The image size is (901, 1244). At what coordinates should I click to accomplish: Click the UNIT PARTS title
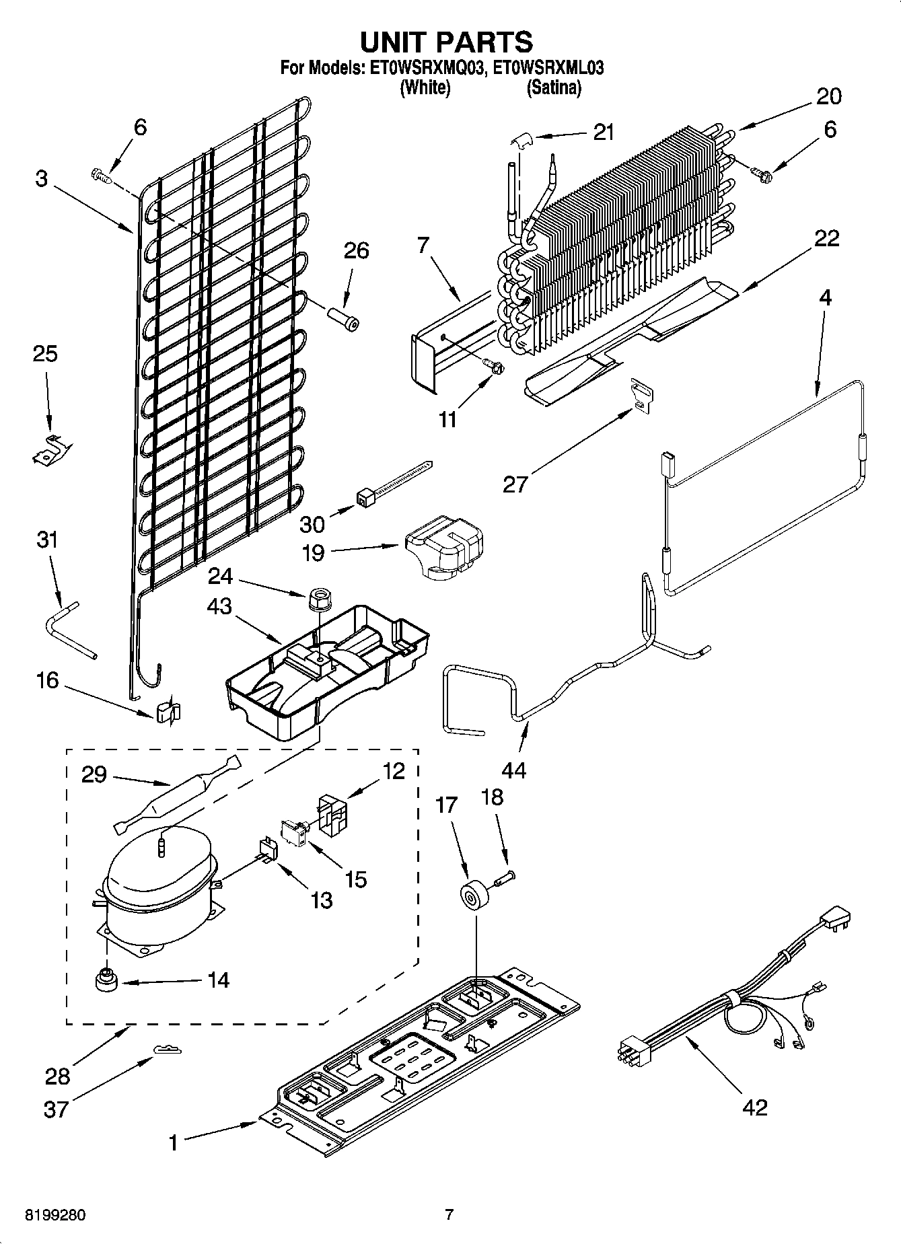[446, 42]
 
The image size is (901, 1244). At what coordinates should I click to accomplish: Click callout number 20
[828, 96]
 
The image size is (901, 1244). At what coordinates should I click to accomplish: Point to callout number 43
[219, 607]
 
